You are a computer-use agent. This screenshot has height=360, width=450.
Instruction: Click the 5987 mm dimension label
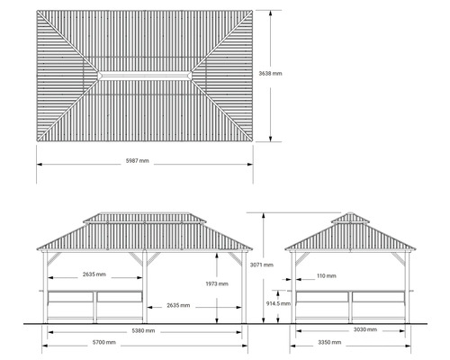point(138,161)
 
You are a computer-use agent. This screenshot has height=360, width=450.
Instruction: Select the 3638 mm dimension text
point(270,74)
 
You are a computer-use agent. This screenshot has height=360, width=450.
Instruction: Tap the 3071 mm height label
point(262,265)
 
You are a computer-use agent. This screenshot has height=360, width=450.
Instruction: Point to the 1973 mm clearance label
point(217,283)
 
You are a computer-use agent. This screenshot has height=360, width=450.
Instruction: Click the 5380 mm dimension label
point(143,331)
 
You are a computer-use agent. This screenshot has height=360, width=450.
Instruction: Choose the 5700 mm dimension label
point(104,342)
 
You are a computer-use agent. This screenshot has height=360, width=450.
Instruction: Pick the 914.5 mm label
point(278,303)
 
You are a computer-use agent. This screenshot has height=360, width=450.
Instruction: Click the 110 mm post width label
point(327,276)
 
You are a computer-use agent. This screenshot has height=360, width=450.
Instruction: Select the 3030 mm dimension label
point(365,329)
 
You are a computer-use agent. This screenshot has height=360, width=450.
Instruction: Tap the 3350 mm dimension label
point(329,342)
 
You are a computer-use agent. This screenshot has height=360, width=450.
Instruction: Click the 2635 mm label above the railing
point(94,274)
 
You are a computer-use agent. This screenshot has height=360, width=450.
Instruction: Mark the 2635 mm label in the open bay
point(178,306)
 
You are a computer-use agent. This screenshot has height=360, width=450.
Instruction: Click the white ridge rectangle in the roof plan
point(145,76)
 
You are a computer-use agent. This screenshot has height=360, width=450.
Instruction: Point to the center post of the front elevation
point(145,287)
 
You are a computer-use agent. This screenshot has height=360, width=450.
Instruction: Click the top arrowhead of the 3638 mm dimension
point(270,13)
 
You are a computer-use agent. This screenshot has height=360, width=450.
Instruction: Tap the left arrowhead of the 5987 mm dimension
point(40,165)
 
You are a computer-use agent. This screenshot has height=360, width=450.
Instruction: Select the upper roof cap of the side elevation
point(350,218)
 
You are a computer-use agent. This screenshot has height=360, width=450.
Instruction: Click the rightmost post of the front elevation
point(244,287)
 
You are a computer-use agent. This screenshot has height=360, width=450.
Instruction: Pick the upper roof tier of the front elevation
point(145,218)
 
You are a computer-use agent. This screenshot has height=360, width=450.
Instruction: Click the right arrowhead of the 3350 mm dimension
point(408,346)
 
